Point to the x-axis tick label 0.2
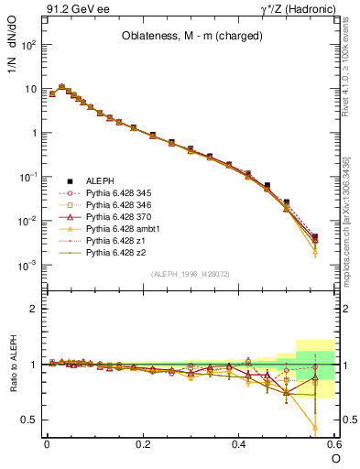143,444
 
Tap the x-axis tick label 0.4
239,444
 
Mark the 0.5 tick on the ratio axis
29,420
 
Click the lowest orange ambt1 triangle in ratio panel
315,428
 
